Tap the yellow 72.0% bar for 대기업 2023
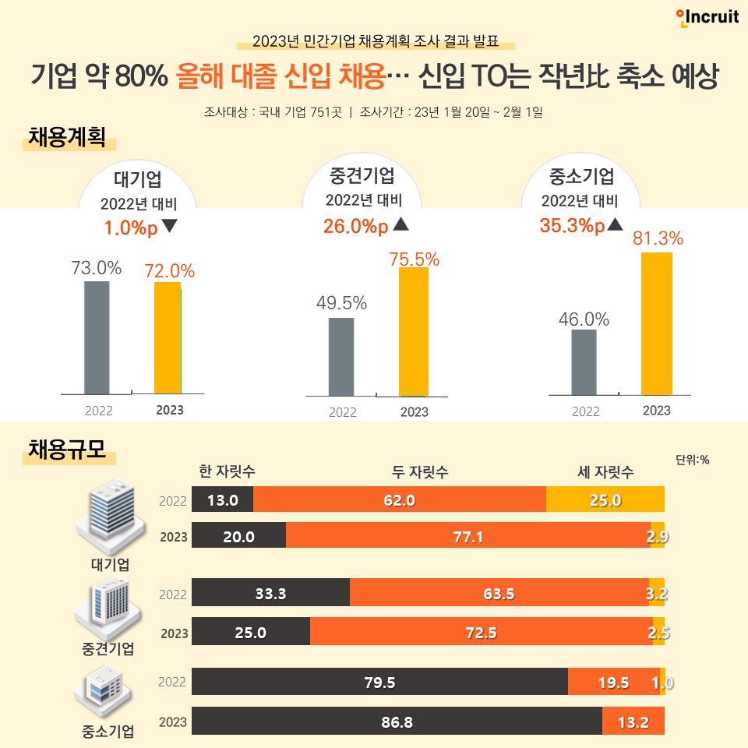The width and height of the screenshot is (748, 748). tap(167, 337)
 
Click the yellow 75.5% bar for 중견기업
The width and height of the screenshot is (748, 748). tap(413, 332)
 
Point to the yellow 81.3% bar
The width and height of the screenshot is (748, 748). tap(656, 323)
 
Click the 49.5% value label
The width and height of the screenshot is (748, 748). tap(341, 303)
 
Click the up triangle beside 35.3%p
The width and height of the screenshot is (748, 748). tap(614, 225)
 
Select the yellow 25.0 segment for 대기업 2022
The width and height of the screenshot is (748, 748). tap(605, 499)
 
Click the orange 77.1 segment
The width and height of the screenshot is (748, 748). tap(467, 535)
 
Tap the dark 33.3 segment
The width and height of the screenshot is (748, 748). tap(270, 593)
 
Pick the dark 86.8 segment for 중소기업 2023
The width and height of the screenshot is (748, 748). tap(397, 722)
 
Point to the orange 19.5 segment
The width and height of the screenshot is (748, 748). tap(613, 683)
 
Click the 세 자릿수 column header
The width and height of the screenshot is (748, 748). tap(605, 472)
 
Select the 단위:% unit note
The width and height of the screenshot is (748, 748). tap(692, 459)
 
